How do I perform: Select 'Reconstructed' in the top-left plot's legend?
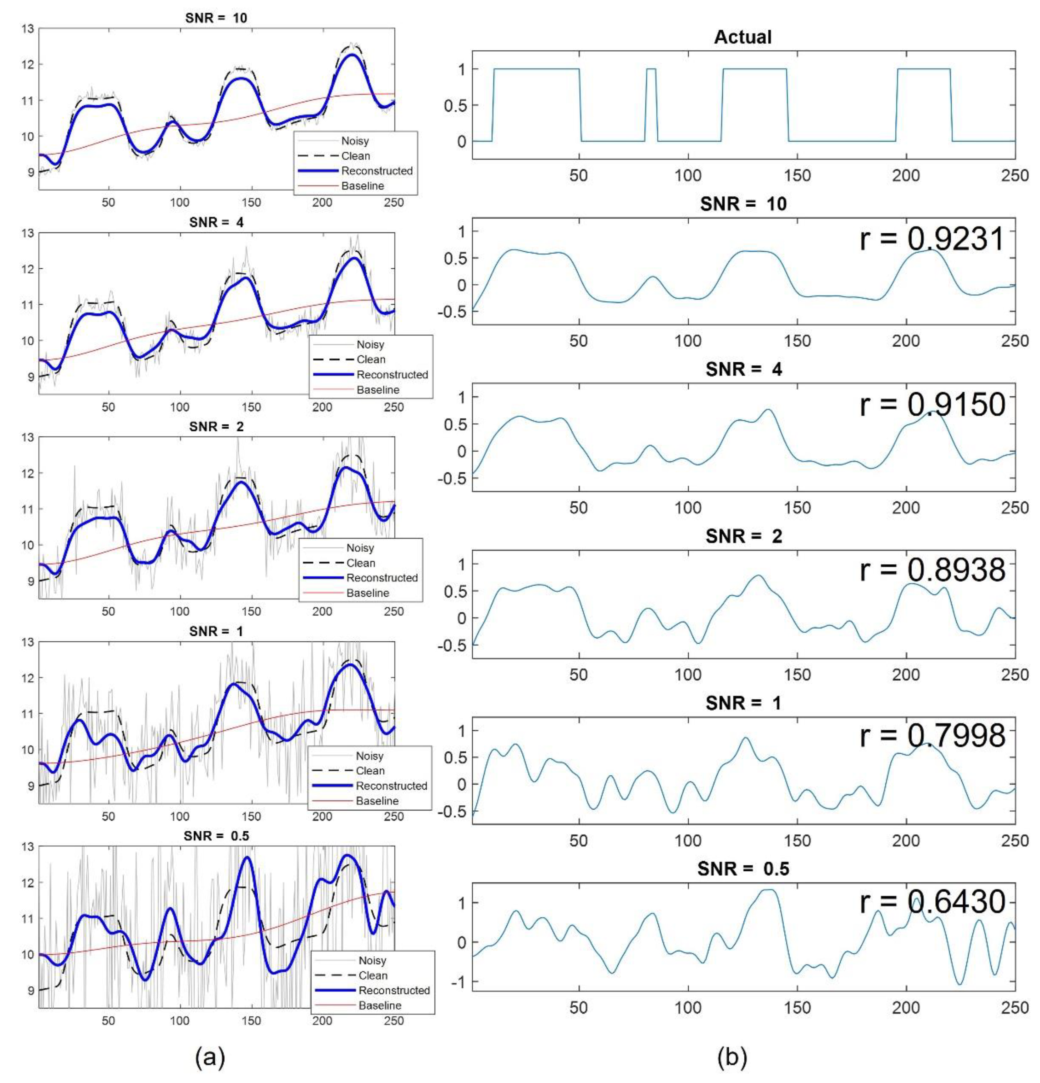tap(377, 171)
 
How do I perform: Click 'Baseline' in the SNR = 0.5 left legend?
tap(380, 1005)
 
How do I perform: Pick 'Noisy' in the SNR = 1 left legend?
tap(370, 756)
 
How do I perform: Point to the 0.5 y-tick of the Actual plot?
tap(454, 105)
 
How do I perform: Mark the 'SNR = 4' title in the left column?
tap(216, 223)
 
